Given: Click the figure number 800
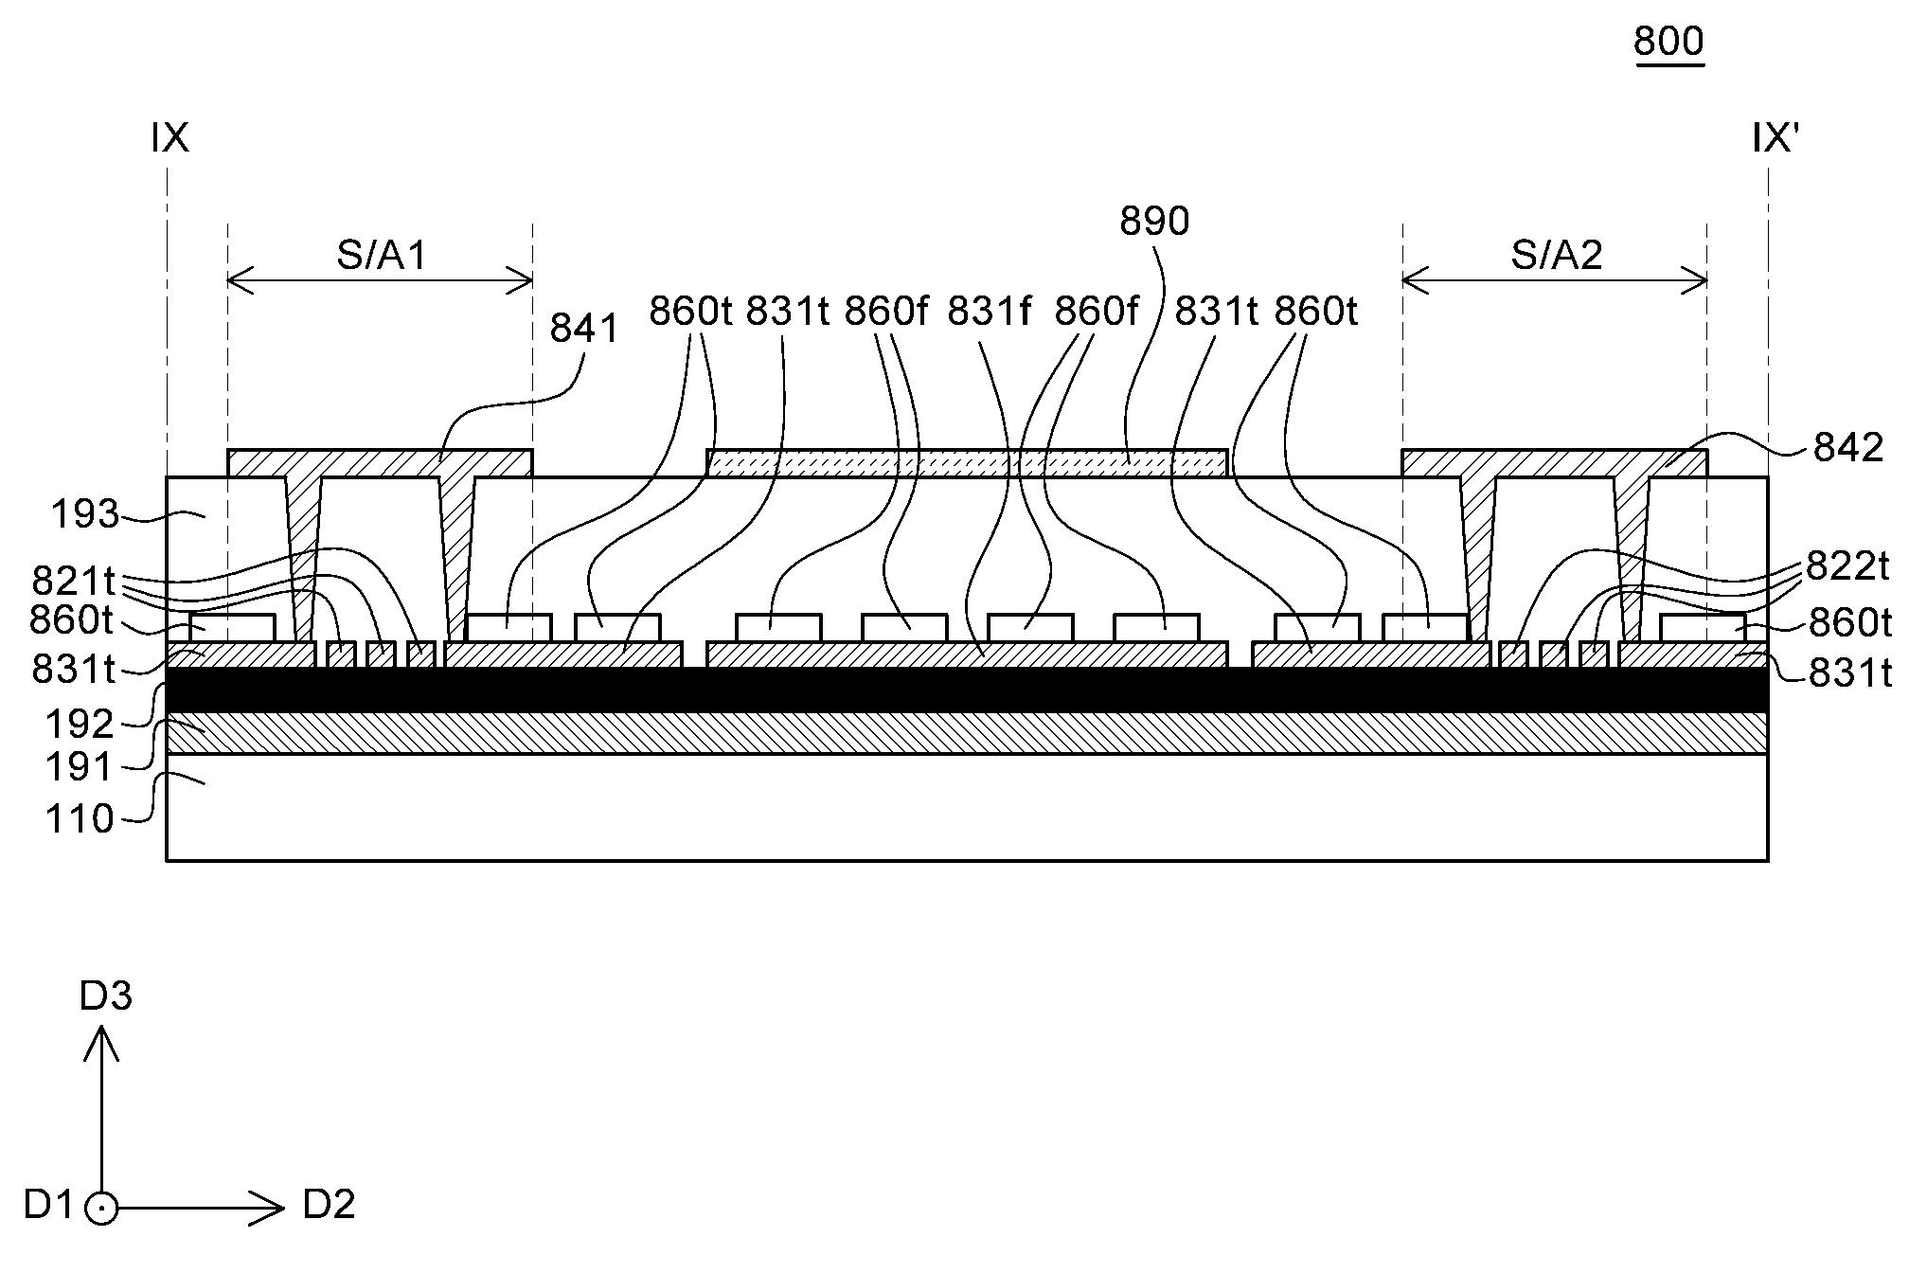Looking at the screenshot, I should pos(1668,42).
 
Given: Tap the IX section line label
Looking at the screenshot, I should pos(170,139).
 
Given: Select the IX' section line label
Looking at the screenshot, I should pos(1775,139).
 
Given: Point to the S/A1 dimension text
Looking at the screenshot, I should pos(382,256).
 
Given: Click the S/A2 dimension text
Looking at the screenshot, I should pos(1557,256).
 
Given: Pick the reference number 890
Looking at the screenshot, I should pos(1154,222).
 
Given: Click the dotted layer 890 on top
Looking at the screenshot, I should pos(966,463).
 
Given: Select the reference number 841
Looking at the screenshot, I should pos(584,329).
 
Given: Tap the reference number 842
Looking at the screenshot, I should pos(1847,448).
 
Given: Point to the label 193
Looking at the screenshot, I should pos(85,514).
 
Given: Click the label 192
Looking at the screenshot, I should pos(80,725).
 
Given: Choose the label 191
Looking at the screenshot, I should pos(80,767).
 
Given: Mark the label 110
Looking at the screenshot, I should pos(80,819).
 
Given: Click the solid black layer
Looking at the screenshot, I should pos(966,690).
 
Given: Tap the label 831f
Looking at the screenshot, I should pos(989,311).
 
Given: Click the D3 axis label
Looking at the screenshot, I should pos(105,996).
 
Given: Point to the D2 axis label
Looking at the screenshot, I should pos(329,1205).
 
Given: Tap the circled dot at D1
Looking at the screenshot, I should pos(101,1209).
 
